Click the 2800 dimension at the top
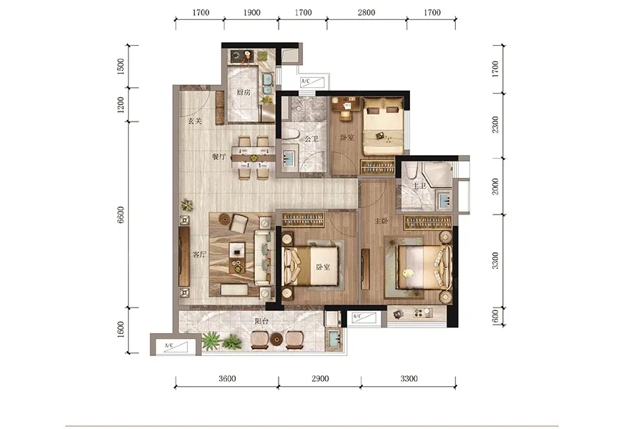click(367, 13)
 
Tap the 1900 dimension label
click(251, 13)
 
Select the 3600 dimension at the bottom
click(227, 378)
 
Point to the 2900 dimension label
click(320, 378)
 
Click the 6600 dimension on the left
click(121, 214)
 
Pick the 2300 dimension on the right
click(495, 124)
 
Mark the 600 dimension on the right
click(495, 316)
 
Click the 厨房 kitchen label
click(243, 92)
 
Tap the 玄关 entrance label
click(195, 121)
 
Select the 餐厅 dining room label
click(219, 157)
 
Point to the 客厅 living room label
click(199, 255)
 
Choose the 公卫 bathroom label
click(311, 139)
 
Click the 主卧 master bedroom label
click(381, 221)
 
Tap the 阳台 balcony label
click(261, 321)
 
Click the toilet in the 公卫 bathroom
click(290, 134)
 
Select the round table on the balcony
click(276, 340)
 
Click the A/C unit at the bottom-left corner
click(175, 345)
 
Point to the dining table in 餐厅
click(254, 157)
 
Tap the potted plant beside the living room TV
click(187, 205)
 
